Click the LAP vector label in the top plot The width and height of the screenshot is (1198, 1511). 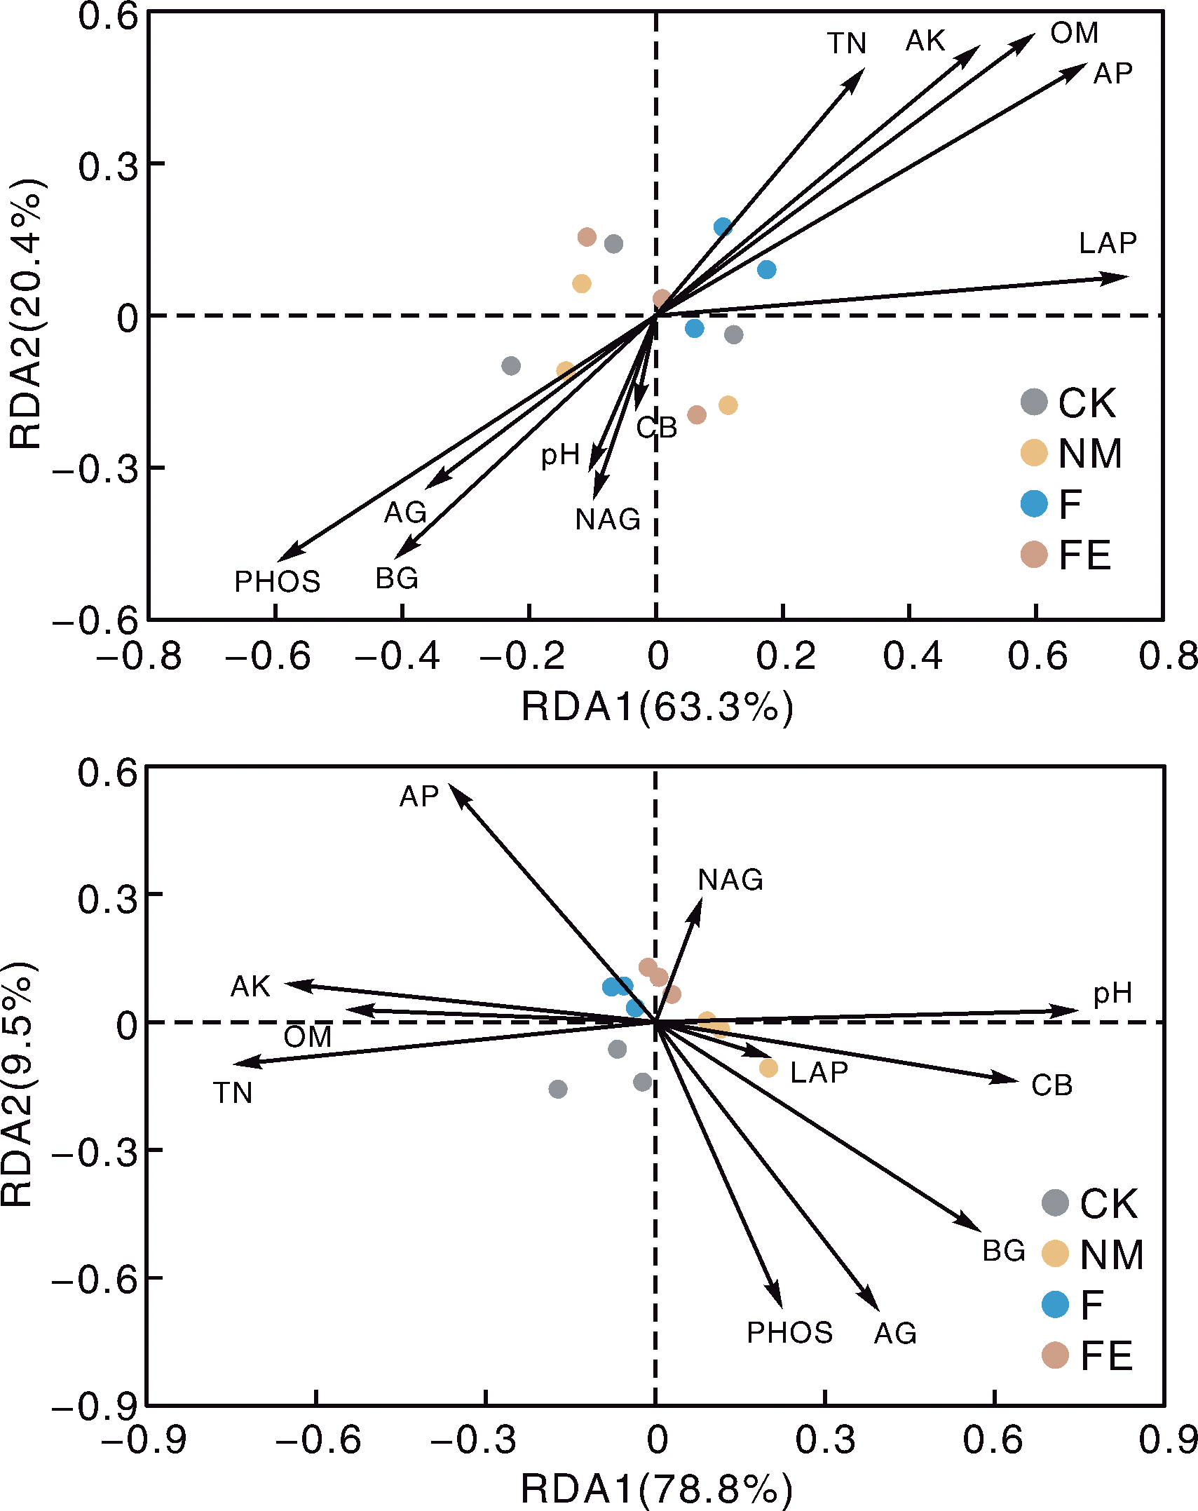pos(1107,243)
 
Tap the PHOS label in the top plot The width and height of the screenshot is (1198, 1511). pos(277,581)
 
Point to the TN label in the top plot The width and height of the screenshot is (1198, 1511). pos(847,43)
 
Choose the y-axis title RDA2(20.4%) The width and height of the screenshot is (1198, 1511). pos(27,313)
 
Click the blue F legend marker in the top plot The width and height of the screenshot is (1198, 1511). pos(1034,503)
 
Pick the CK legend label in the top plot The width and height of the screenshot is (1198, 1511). pos(1087,403)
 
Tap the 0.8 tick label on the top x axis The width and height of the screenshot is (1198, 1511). pos(1168,656)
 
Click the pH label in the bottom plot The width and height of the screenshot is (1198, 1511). pos(1112,993)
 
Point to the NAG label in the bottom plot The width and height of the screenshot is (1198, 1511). pos(730,879)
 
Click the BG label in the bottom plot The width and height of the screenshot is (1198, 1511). pos(1004,1251)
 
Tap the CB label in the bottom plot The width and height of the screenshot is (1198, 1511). pos(1051,1085)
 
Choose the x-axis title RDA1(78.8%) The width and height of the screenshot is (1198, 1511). pos(657,1489)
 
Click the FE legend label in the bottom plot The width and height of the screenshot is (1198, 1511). pos(1106,1355)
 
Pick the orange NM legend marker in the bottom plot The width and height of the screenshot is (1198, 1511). pos(1055,1254)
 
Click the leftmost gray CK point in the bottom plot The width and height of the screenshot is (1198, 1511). pos(558,1089)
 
